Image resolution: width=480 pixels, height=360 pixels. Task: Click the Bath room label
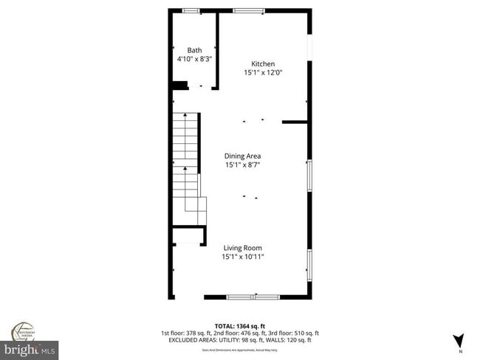193,50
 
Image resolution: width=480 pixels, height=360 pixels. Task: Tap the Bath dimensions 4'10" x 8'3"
194,59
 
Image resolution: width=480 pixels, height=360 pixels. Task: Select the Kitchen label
263,63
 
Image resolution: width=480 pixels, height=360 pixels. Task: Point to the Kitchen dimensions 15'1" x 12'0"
264,72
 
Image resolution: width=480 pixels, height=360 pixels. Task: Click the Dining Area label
243,156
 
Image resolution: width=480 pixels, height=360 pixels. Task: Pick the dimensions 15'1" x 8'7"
243,165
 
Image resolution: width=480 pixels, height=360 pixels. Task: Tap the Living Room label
243,248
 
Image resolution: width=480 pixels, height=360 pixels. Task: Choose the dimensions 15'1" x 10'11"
243,257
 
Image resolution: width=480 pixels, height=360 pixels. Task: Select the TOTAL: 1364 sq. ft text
240,325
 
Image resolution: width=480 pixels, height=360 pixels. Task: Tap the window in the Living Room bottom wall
253,297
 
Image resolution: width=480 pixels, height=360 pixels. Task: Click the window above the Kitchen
248,10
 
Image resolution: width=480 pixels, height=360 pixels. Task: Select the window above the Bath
191,10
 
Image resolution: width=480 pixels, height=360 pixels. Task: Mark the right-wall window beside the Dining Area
309,176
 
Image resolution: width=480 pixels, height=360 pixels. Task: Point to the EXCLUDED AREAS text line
240,340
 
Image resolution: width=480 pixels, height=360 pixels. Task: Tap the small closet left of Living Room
188,235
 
